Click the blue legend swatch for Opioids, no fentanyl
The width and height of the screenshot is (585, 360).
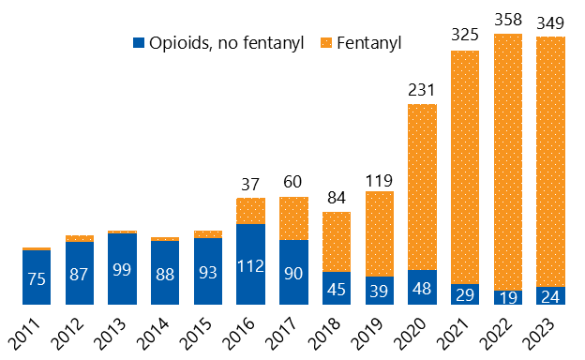(x=140, y=42)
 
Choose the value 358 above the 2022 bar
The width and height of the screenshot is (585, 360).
(x=508, y=20)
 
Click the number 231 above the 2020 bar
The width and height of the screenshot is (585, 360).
(x=422, y=89)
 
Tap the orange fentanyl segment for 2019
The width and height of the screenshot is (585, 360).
(x=379, y=234)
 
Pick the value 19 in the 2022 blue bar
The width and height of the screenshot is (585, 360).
(x=508, y=295)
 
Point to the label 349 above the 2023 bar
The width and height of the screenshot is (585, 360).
(x=551, y=22)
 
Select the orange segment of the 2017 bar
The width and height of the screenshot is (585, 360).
(x=293, y=218)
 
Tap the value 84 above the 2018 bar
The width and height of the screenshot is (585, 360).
(x=337, y=197)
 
